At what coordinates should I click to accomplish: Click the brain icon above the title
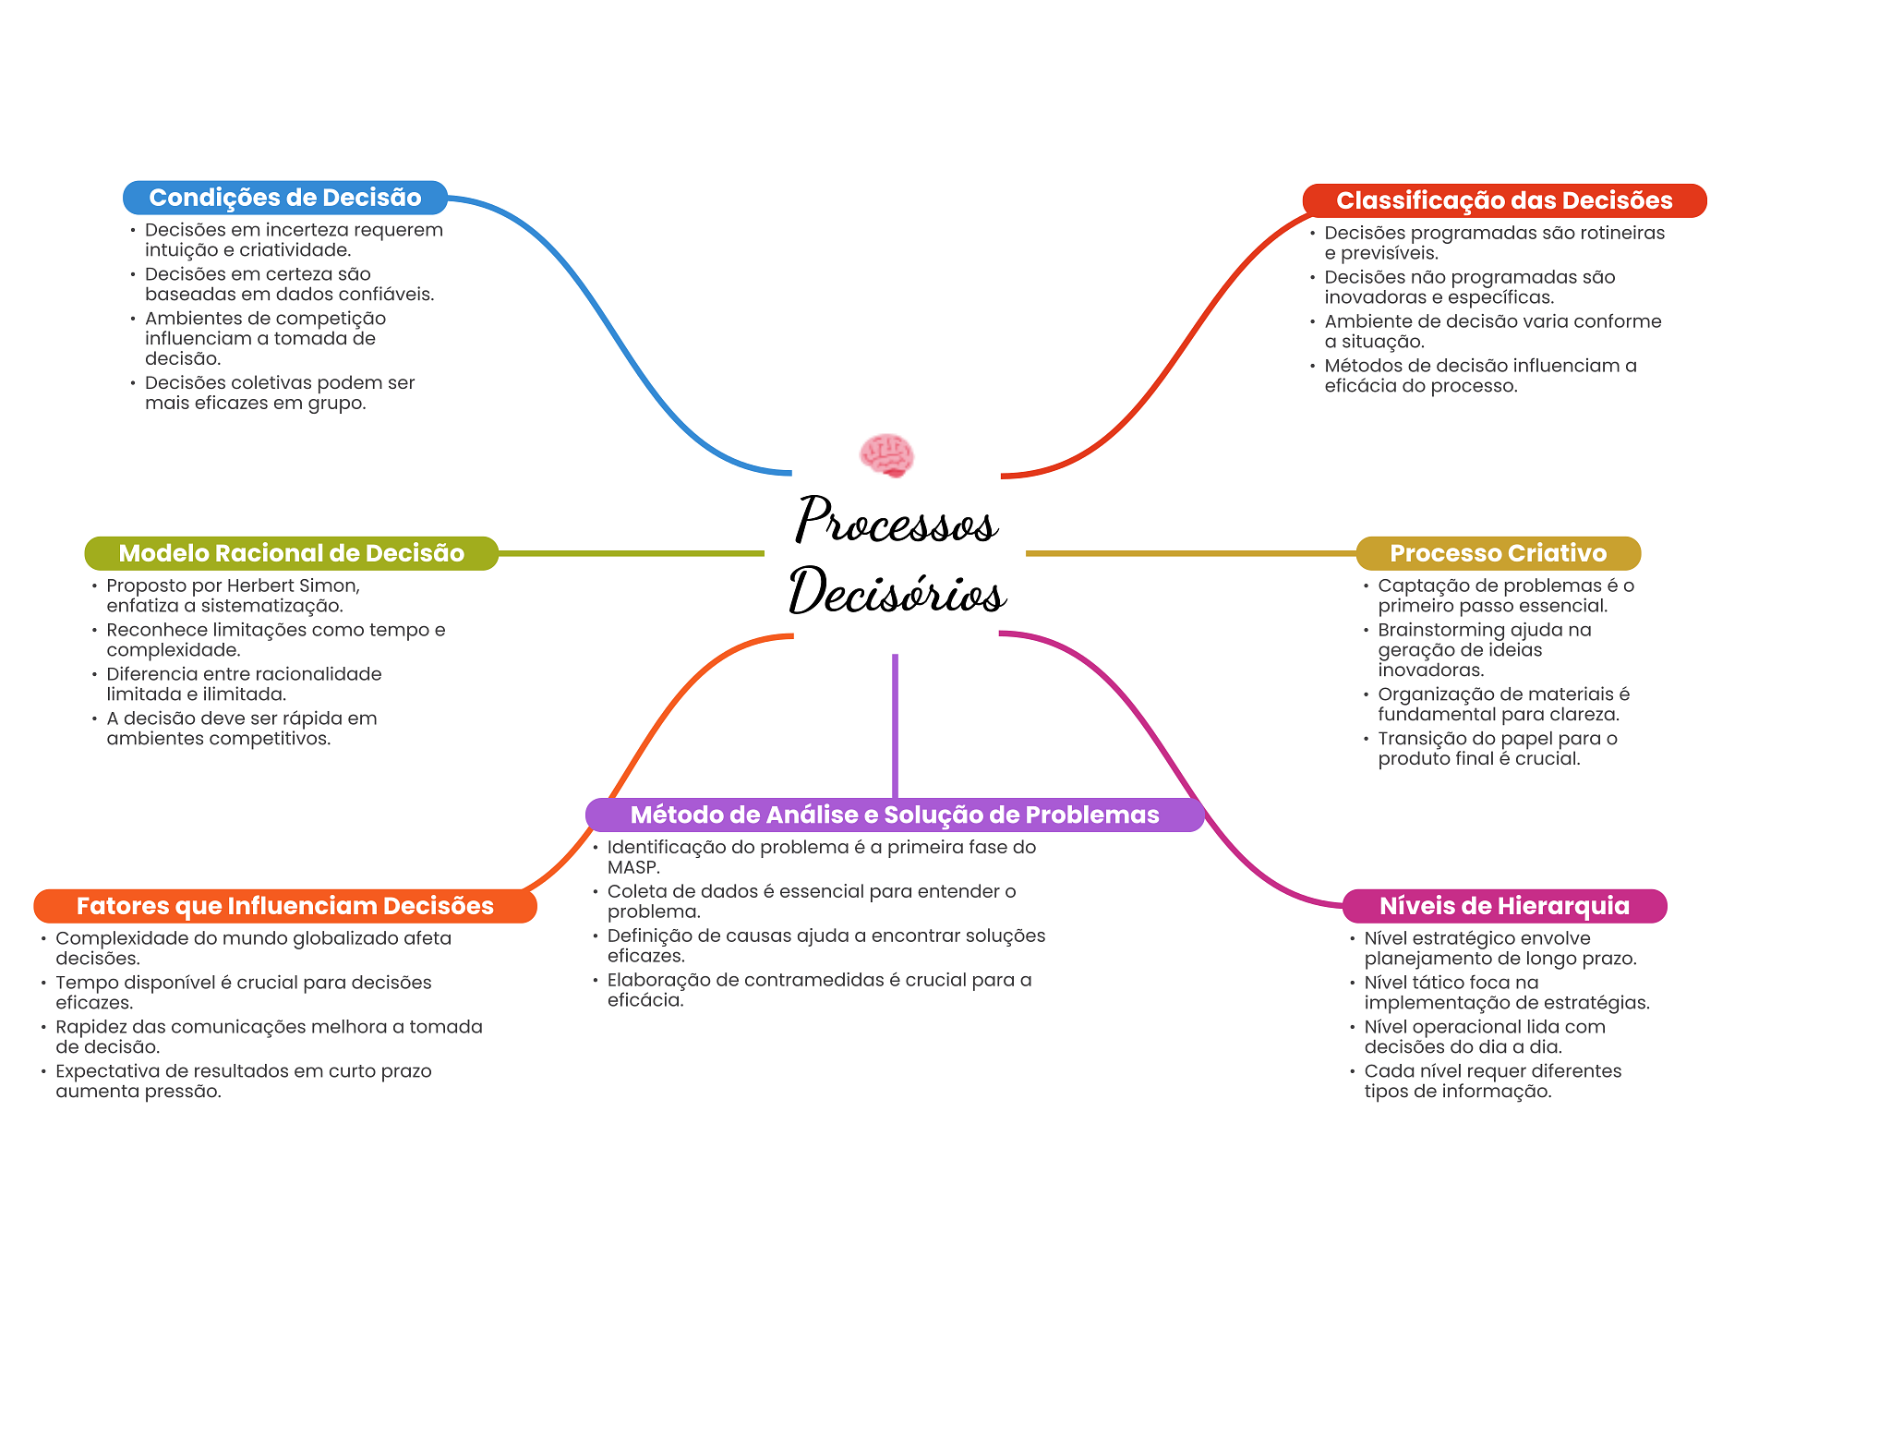click(886, 455)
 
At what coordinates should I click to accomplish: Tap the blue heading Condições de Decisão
click(285, 198)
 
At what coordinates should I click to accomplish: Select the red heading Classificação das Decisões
click(1504, 200)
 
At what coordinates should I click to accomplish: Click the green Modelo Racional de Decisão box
click(292, 553)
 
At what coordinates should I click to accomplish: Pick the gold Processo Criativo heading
click(1498, 553)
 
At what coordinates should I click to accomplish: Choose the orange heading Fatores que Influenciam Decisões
click(285, 906)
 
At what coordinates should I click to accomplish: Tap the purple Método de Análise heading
click(895, 815)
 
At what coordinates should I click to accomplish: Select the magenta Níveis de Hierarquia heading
click(1504, 906)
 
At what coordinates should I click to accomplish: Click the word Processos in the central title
click(897, 520)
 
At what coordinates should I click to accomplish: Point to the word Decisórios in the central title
click(897, 590)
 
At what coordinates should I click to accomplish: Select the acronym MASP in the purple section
click(633, 867)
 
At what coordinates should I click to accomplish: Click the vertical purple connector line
click(895, 726)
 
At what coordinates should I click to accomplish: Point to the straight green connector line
click(632, 553)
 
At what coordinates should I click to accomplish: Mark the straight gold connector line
click(1191, 553)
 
